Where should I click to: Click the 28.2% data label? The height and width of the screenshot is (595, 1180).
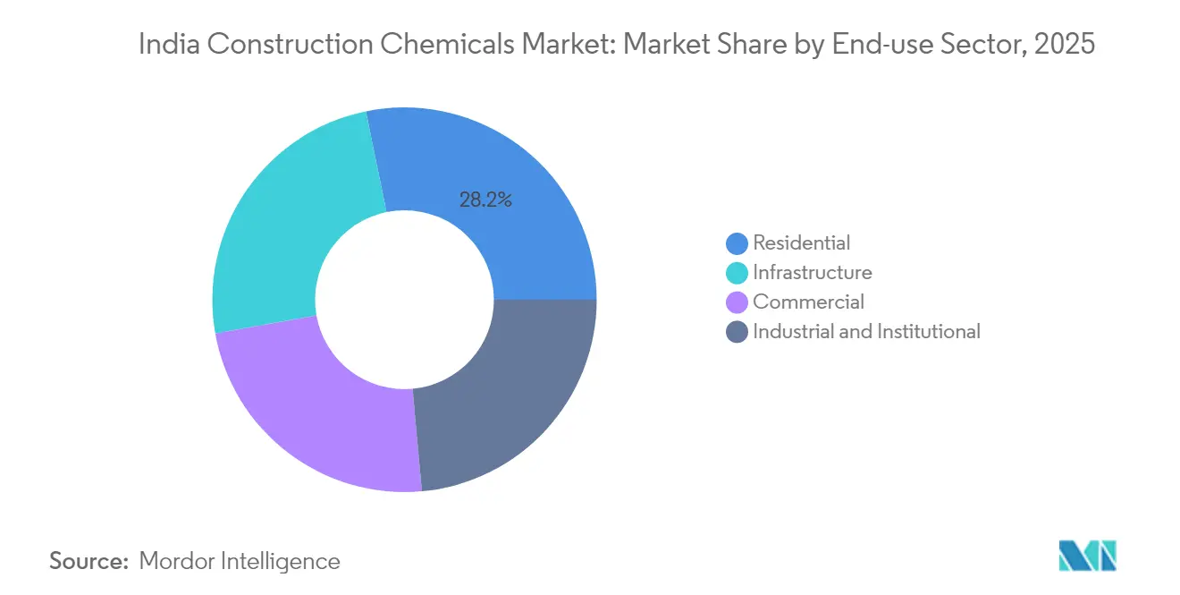485,200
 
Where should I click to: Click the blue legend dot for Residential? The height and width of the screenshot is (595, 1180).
737,243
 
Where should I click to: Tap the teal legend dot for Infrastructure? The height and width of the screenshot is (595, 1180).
737,273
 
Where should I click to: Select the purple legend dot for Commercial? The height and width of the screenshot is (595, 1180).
737,302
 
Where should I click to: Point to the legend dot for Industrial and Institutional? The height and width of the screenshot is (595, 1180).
737,332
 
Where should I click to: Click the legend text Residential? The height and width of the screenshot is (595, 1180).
802,242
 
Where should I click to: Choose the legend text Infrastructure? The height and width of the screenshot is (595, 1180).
813,272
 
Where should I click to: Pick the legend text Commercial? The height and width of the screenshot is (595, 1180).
809,302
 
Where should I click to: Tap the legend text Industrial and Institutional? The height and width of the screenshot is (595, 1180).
867,331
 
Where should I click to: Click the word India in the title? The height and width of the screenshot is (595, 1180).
167,45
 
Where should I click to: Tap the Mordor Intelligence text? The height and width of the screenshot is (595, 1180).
240,561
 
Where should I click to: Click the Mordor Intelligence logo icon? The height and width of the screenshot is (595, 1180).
1087,556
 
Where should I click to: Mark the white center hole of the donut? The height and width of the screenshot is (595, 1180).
404,300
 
